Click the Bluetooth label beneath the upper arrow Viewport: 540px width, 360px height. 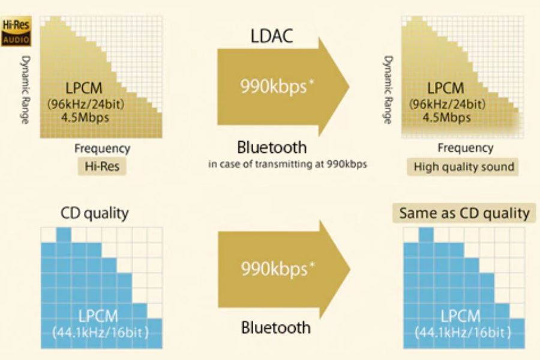point(272,147)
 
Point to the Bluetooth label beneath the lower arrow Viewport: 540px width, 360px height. point(276,328)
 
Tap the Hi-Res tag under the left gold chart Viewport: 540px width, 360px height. point(102,167)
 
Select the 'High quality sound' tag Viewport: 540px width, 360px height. point(464,167)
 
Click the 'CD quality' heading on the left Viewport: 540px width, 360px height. point(94,213)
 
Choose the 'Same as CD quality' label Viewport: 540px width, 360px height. point(464,213)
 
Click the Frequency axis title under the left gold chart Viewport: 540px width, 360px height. point(102,148)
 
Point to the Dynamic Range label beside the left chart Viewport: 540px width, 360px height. point(26,90)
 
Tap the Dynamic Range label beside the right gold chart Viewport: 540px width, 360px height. point(388,90)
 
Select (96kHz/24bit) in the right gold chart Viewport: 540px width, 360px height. point(447,104)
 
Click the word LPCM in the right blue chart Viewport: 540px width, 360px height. point(461,316)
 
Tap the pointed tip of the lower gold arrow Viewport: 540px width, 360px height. point(350,269)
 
